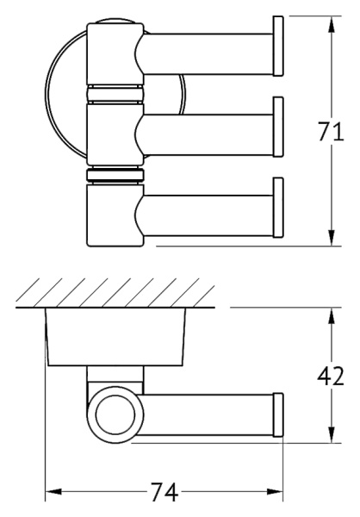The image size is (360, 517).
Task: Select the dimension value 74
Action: tap(164, 494)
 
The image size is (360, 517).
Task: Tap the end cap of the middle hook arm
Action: tap(278, 126)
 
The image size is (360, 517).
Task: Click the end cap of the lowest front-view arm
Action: tap(278, 208)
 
